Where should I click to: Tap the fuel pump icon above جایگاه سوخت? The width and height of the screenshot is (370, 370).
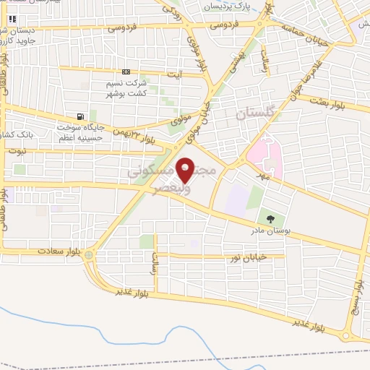(79, 116)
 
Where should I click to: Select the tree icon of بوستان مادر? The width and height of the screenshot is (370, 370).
(270, 218)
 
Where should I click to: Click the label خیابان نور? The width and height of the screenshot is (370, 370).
(248, 257)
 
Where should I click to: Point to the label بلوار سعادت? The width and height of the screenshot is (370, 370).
(60, 253)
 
